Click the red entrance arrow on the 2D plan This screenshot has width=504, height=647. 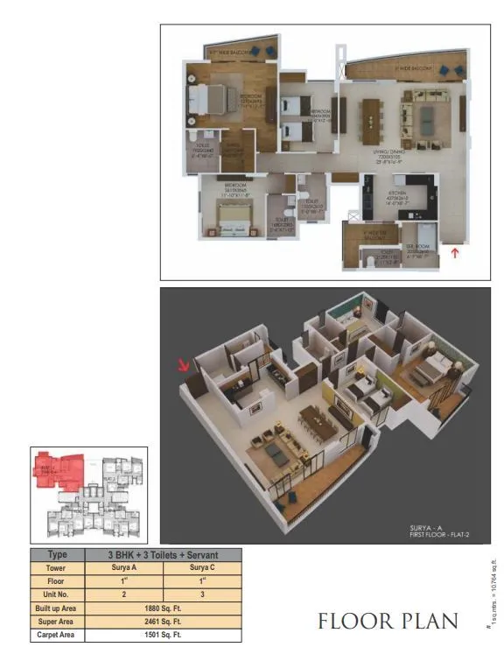tap(453, 253)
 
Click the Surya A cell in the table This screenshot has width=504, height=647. tap(123, 567)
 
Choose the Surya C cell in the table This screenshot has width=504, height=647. tap(203, 567)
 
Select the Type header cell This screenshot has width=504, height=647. tap(57, 555)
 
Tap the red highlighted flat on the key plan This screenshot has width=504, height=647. tap(55, 468)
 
